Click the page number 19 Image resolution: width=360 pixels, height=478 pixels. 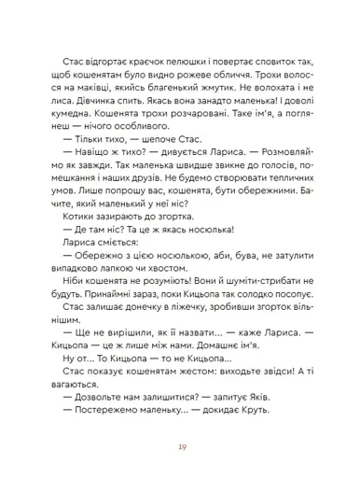coord(180,446)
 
